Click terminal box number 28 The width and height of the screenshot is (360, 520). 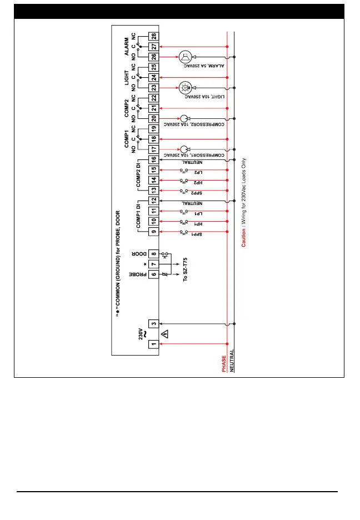click(153, 37)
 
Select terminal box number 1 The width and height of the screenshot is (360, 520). click(153, 344)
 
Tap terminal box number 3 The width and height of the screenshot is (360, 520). click(153, 323)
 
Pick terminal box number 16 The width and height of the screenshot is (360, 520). click(153, 160)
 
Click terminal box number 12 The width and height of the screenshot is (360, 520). click(153, 201)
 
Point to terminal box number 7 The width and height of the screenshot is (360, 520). click(153, 263)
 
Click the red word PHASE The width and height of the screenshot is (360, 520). click(224, 365)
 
